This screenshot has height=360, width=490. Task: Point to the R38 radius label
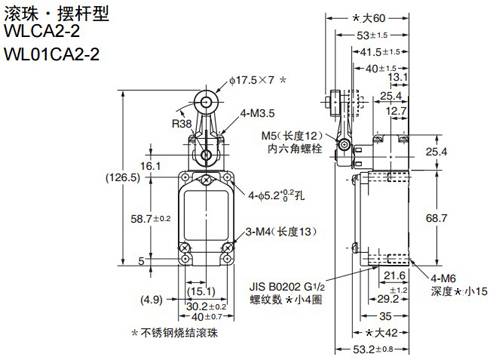pyautogui.click(x=182, y=124)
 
